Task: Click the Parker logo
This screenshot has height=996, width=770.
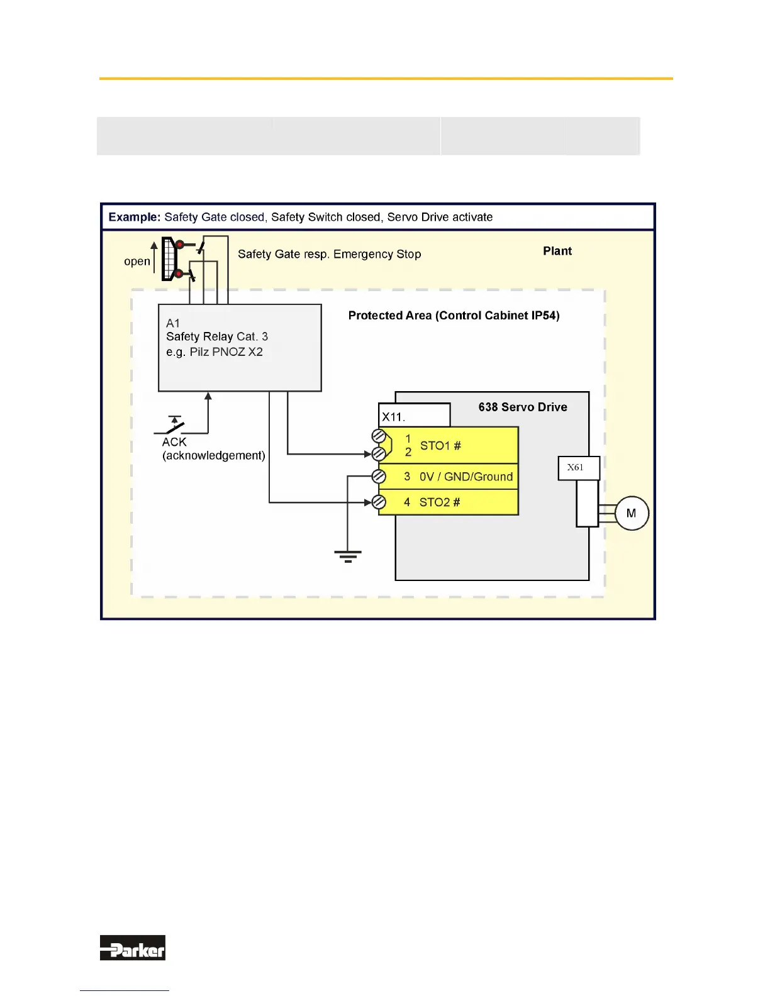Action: (133, 948)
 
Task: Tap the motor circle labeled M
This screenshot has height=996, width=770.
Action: (631, 513)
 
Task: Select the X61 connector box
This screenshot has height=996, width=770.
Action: (578, 468)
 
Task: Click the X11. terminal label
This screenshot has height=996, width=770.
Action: (394, 417)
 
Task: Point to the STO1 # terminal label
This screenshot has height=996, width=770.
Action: (440, 446)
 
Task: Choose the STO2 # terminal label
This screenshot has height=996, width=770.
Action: (440, 502)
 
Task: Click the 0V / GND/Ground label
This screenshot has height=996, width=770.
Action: (466, 477)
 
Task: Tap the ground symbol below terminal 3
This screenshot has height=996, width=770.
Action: (348, 556)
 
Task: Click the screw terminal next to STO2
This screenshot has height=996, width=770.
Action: (379, 502)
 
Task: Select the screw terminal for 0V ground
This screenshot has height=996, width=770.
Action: (379, 477)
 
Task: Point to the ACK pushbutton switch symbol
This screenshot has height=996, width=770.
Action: (172, 425)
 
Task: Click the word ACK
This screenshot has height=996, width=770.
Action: (174, 442)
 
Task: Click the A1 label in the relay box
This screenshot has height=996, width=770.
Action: (173, 323)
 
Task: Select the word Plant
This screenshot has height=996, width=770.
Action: (557, 251)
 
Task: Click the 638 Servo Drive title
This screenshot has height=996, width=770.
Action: (523, 407)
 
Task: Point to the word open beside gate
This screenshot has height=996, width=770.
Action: (137, 261)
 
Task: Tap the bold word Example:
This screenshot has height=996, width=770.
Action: (135, 217)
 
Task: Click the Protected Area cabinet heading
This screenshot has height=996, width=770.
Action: (454, 316)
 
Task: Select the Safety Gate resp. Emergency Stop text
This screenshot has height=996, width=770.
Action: (329, 254)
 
